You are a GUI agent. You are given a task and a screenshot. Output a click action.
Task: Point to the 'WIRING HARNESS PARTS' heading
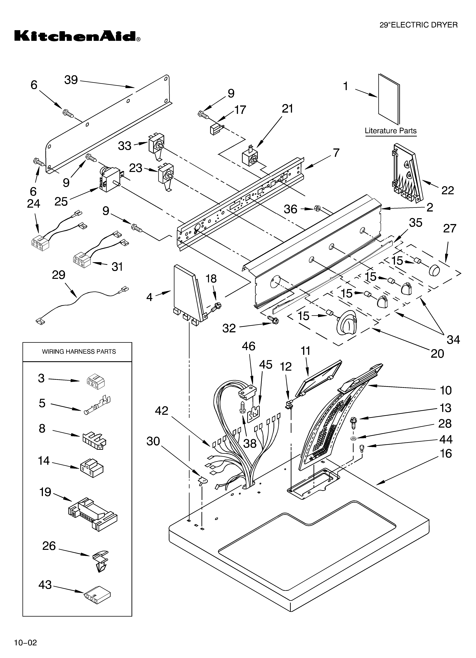(x=79, y=352)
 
